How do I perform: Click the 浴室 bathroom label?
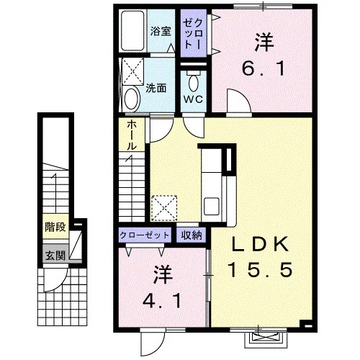pyautogui.click(x=161, y=31)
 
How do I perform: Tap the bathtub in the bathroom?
pyautogui.click(x=132, y=30)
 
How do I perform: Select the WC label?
pyautogui.click(x=194, y=99)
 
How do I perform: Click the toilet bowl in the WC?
pyautogui.click(x=194, y=81)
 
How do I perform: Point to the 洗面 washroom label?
pyautogui.click(x=156, y=89)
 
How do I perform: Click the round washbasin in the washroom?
pyautogui.click(x=132, y=99)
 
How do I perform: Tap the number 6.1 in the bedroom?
pyautogui.click(x=264, y=68)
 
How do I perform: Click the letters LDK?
pyautogui.click(x=261, y=244)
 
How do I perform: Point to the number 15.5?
pyautogui.click(x=261, y=269)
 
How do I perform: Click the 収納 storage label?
pyautogui.click(x=192, y=235)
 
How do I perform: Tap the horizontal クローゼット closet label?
pyautogui.click(x=145, y=235)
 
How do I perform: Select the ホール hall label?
pyautogui.click(x=132, y=135)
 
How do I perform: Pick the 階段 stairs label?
pyautogui.click(x=55, y=227)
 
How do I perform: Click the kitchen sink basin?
pyautogui.click(x=211, y=206)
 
